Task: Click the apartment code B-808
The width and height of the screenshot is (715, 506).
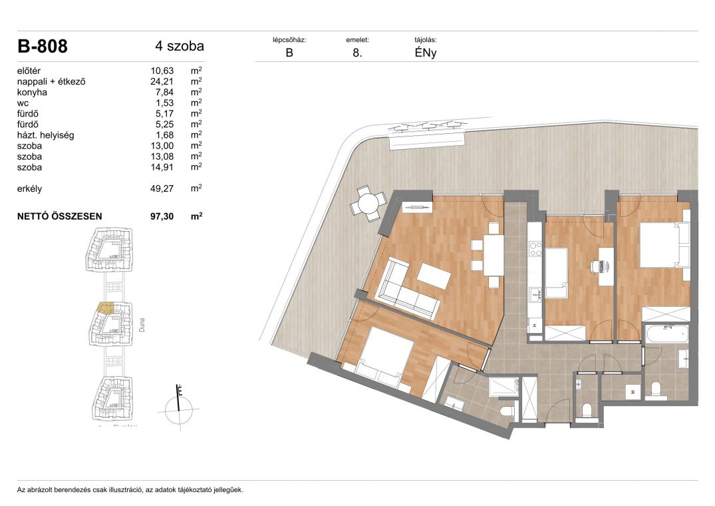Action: pos(43,46)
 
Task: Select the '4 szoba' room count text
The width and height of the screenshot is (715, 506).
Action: pos(180,46)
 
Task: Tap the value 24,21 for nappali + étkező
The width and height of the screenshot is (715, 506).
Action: pos(162,82)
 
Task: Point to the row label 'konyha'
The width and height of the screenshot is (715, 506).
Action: pos(32,92)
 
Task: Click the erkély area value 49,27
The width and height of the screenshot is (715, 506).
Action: pos(162,188)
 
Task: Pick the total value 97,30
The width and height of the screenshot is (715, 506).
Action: pos(162,216)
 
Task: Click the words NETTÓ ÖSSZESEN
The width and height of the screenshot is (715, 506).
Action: pos(60,216)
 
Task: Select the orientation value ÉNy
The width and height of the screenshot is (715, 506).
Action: pos(426,53)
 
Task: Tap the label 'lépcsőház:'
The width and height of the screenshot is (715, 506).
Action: pos(289,40)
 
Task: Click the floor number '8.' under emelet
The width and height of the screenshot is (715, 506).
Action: pos(358,53)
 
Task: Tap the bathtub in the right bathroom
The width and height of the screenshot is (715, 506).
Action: pos(666,335)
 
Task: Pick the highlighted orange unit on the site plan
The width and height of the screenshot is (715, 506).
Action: pos(106,309)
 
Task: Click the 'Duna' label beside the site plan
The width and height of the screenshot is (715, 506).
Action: pos(142,325)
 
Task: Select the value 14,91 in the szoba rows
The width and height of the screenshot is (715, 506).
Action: pos(162,167)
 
